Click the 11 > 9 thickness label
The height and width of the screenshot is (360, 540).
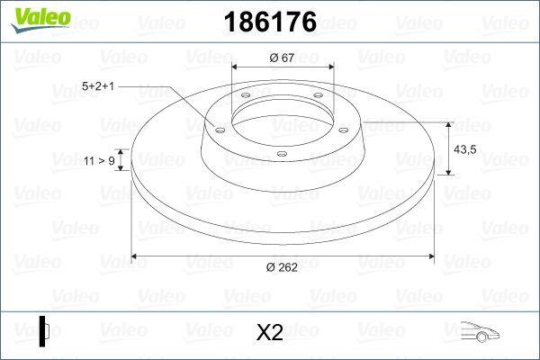[x=98, y=160]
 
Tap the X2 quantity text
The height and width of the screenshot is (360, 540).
[x=270, y=333]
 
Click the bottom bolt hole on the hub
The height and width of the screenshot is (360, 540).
[x=282, y=154]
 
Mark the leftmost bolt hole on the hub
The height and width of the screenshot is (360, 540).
[x=219, y=128]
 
